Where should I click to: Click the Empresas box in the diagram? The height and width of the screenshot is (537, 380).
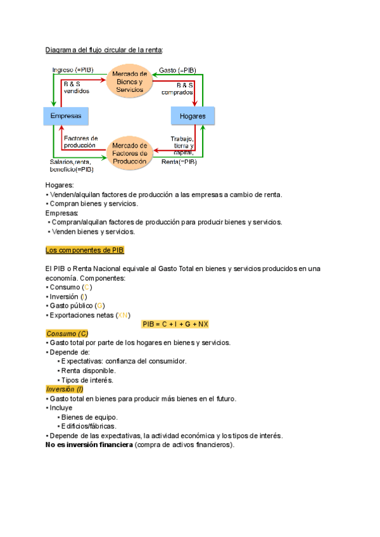(x=66, y=116)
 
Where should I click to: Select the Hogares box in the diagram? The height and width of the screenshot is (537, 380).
(x=193, y=117)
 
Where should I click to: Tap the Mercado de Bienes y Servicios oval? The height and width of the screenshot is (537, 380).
(x=129, y=82)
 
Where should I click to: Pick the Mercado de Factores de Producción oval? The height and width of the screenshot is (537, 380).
(x=129, y=153)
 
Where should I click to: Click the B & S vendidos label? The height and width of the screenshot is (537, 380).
(x=77, y=87)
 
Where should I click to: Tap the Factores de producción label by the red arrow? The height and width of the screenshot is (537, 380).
(x=80, y=141)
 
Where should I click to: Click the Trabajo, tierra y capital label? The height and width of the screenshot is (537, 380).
(x=182, y=146)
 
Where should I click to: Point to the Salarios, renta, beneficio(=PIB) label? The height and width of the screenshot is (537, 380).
(x=72, y=166)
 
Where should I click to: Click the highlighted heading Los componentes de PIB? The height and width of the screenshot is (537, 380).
(x=80, y=250)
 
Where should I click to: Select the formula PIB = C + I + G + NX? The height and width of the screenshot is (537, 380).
(x=175, y=324)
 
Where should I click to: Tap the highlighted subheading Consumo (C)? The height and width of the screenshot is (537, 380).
(x=67, y=333)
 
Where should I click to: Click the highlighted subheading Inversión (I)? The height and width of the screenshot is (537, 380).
(x=65, y=389)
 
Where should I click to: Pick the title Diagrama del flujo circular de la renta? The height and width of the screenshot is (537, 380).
(x=104, y=49)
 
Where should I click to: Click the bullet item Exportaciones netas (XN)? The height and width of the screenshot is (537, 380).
(x=89, y=315)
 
